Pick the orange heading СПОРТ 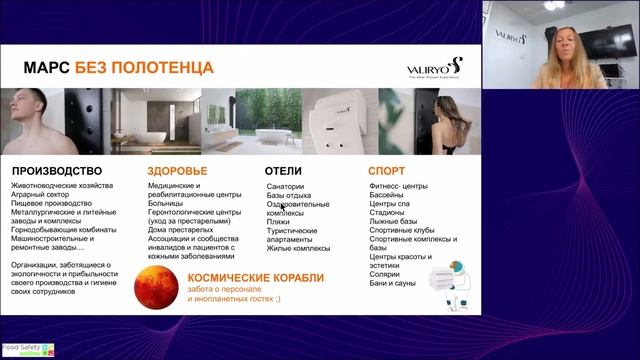386,171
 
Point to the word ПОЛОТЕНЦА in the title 170,68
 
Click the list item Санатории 288,187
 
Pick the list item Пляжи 278,221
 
